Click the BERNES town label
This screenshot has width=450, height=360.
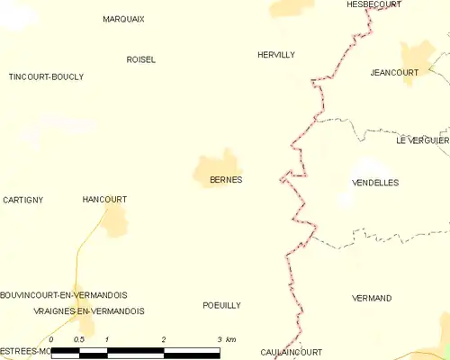pyautogui.click(x=226, y=180)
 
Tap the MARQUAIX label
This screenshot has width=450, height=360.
pyautogui.click(x=123, y=19)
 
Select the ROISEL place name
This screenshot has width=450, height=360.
pyautogui.click(x=140, y=59)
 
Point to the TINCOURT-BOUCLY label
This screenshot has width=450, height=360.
pyautogui.click(x=46, y=77)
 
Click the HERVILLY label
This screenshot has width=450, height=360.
pyautogui.click(x=275, y=55)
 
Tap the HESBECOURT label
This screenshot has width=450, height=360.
pyautogui.click(x=373, y=4)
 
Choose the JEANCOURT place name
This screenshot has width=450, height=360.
pyautogui.click(x=394, y=73)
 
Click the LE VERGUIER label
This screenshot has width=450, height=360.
pyautogui.click(x=422, y=140)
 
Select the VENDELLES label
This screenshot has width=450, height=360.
pyautogui.click(x=374, y=183)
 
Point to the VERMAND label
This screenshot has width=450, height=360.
pyautogui.click(x=372, y=298)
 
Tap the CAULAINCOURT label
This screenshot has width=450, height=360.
pyautogui.click(x=291, y=352)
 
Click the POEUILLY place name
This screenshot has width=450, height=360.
pyautogui.click(x=221, y=306)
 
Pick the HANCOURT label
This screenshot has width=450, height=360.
pyautogui.click(x=104, y=199)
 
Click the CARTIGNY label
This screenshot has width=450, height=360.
pyautogui.click(x=22, y=199)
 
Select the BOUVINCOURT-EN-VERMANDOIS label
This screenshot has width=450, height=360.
pyautogui.click(x=64, y=295)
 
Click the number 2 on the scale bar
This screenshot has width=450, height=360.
pyautogui.click(x=164, y=339)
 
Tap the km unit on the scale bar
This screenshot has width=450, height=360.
pyautogui.click(x=230, y=339)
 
